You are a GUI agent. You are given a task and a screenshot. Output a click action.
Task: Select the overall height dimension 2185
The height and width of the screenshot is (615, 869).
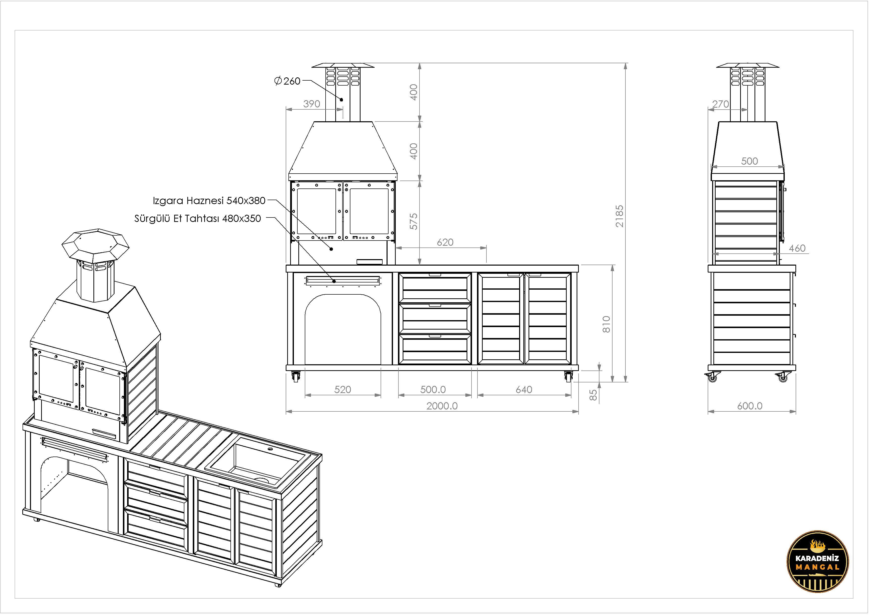point(619,216)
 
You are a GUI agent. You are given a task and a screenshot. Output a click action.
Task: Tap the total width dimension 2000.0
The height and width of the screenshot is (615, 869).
point(442,406)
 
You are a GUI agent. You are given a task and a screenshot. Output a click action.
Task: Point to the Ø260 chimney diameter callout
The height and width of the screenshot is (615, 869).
point(287,81)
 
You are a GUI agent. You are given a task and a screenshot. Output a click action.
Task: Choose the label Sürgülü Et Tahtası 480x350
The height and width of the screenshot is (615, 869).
point(197,218)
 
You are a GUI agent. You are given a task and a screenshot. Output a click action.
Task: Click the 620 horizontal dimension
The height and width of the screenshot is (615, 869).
point(445,242)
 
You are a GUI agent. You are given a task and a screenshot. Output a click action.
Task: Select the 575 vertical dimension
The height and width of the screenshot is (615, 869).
point(414,221)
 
